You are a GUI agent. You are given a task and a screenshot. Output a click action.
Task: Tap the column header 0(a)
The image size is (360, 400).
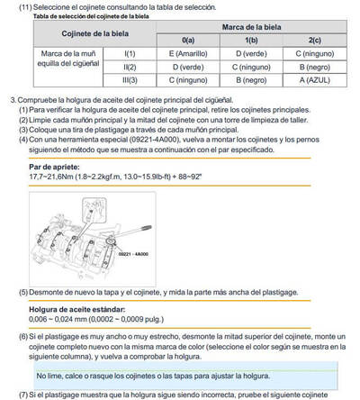(x=189, y=40)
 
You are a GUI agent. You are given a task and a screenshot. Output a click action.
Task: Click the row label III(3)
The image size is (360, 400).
(x=130, y=79)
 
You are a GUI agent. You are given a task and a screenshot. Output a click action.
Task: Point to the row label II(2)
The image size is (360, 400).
(x=130, y=67)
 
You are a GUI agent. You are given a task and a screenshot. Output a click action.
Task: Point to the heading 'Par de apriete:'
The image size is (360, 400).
(x=53, y=168)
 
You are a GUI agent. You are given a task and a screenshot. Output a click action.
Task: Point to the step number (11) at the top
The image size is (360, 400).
(x=27, y=6)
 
